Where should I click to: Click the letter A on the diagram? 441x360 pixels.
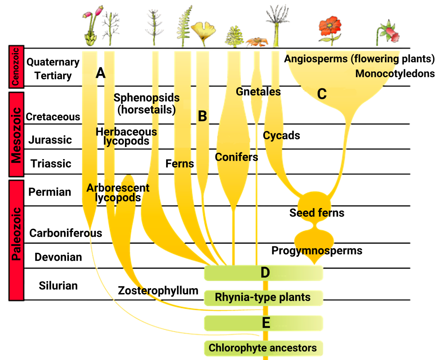tap(100, 73)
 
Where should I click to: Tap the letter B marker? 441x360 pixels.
tap(202, 117)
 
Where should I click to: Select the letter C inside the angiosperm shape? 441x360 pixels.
tap(322, 94)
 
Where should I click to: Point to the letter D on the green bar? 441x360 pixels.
tap(265, 273)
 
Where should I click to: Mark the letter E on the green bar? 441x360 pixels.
tap(266, 323)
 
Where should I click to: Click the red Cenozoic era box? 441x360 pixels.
tap(16, 67)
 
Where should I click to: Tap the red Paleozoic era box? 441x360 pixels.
tap(16, 240)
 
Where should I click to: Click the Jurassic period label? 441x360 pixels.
tap(50, 140)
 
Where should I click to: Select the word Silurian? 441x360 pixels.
tap(58, 286)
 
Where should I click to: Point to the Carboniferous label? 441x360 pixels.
tap(66, 233)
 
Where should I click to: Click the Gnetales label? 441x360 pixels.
tap(258, 91)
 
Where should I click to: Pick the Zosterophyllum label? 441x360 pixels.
tap(158, 290)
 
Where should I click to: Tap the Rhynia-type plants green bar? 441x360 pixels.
tap(263, 297)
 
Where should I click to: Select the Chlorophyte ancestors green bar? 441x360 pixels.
tap(263, 348)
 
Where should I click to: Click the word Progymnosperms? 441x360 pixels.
tap(317, 251)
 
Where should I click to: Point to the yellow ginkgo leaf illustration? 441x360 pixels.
tap(203, 32)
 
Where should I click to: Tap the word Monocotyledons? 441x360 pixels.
tap(395, 74)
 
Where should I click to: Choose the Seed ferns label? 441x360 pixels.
tap(317, 213)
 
